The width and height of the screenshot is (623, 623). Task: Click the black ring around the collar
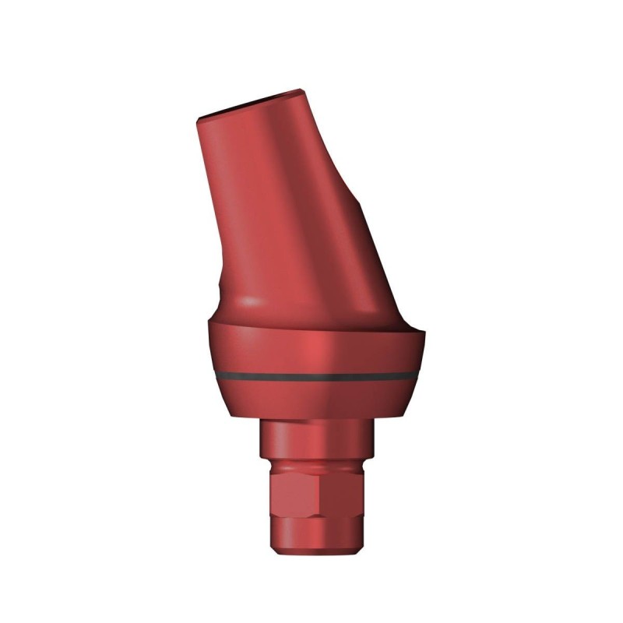click(311, 375)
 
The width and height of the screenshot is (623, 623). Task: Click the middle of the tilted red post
click(296, 202)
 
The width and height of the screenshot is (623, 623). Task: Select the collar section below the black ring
click(311, 401)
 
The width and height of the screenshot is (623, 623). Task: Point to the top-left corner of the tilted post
click(197, 117)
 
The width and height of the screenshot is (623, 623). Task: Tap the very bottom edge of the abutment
click(311, 555)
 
